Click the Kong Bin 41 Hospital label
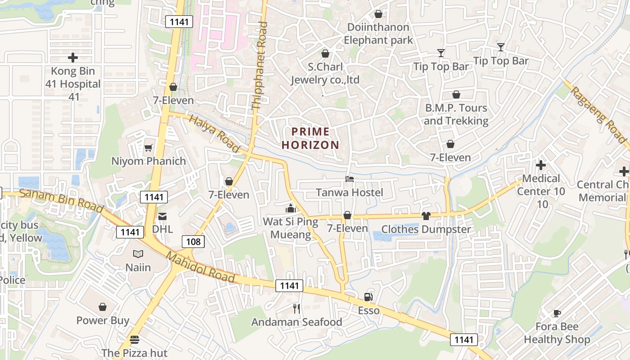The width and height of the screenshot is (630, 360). click(73, 84)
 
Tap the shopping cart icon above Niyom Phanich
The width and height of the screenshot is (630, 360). click(148, 148)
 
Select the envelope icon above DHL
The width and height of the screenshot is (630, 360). click(162, 216)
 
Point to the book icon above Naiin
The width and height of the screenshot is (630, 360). click(138, 254)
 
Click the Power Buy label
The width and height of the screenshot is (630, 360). click(103, 320)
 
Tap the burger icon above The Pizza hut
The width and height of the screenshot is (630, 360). click(134, 339)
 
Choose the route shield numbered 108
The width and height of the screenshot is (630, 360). click(193, 242)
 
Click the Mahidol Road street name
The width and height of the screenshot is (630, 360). click(201, 267)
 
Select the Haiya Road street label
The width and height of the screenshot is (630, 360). click(214, 133)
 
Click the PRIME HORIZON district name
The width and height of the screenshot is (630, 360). click(310, 138)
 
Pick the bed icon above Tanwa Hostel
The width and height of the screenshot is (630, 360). click(349, 179)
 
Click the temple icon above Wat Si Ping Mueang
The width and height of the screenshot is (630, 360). click(290, 208)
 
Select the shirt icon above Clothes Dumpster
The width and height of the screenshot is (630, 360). click(426, 216)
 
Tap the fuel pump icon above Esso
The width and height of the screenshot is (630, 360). click(368, 297)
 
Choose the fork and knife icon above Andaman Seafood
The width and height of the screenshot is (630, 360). click(297, 308)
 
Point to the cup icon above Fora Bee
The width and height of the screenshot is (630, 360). click(557, 313)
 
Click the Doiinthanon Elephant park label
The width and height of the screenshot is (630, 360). click(378, 34)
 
